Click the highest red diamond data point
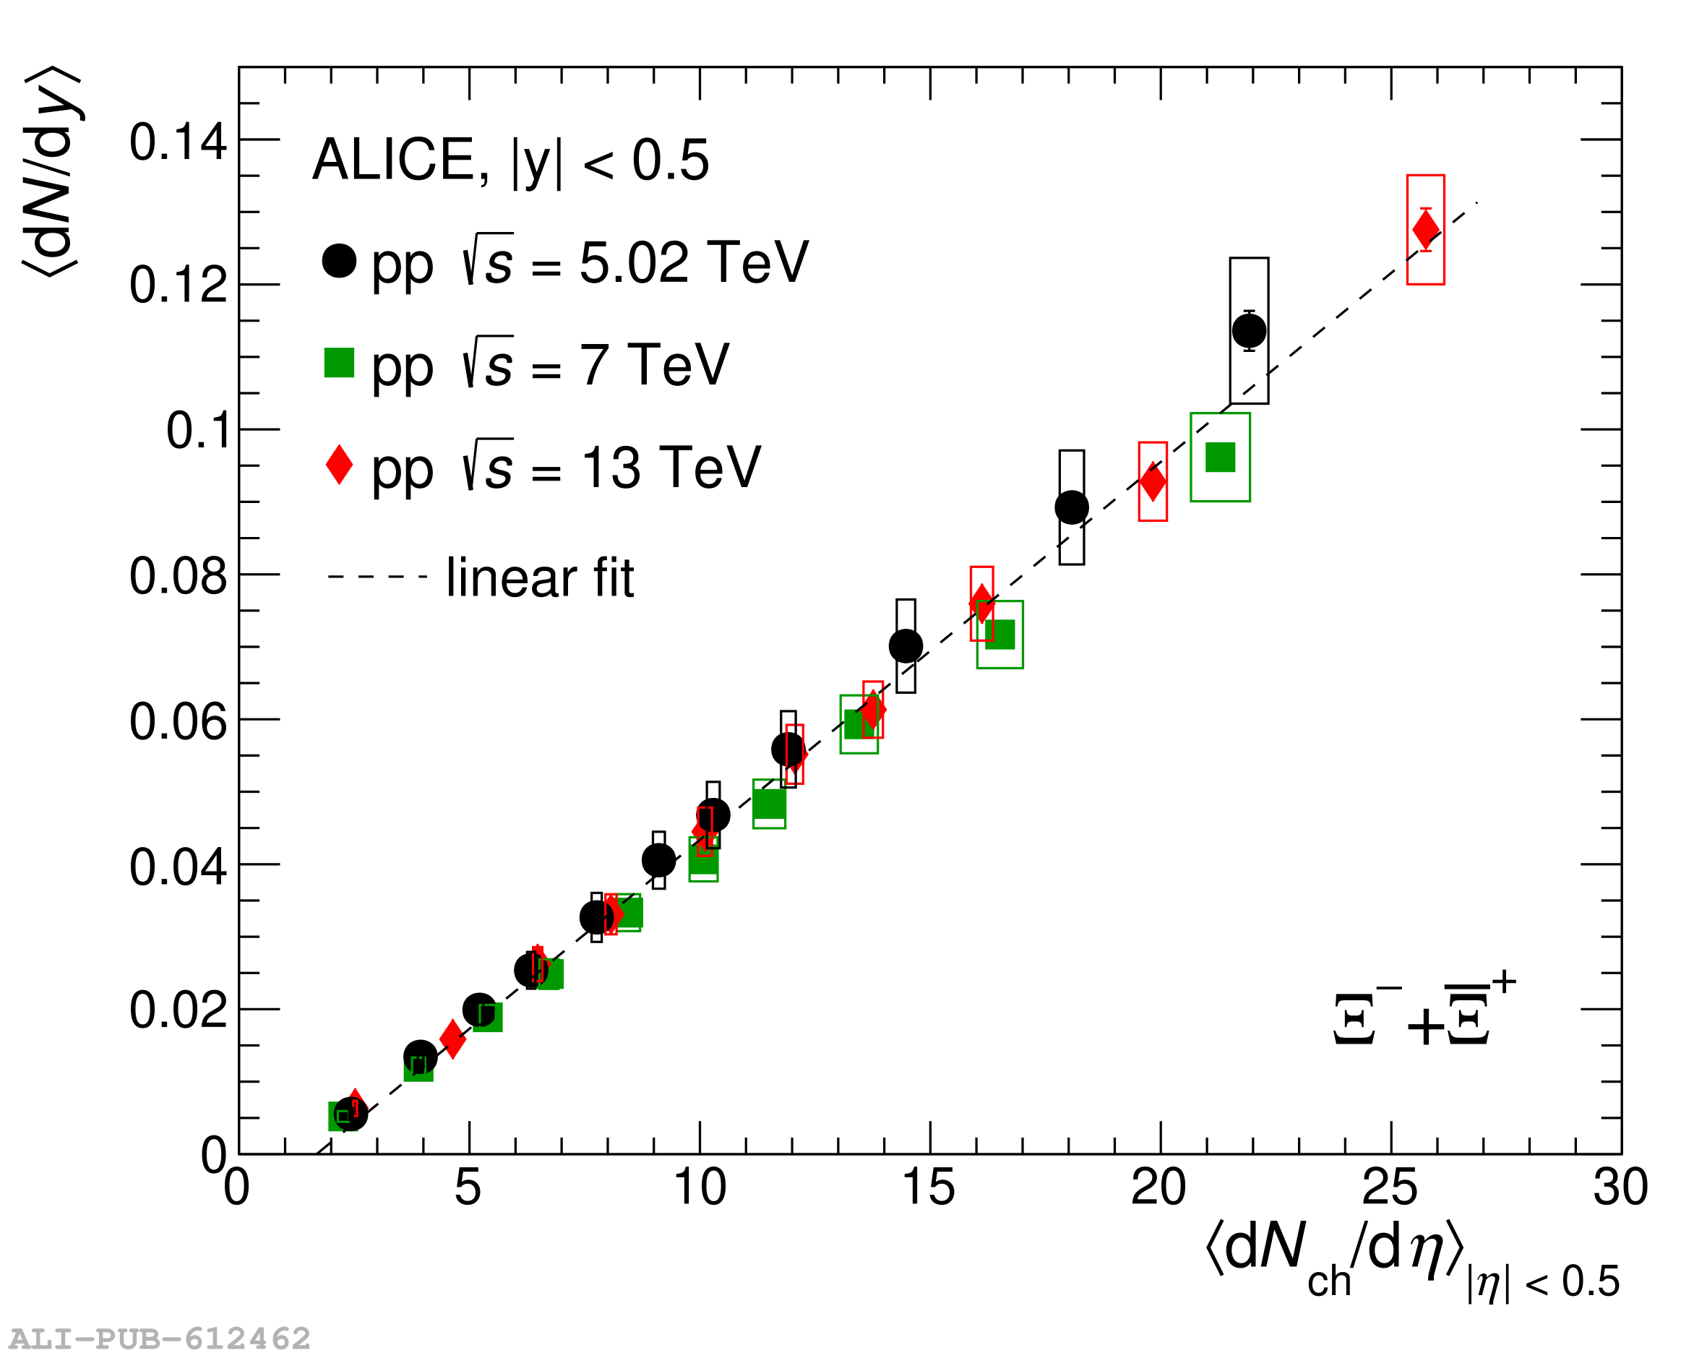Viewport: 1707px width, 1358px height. pyautogui.click(x=1425, y=230)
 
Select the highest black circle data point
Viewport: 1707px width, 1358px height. pyautogui.click(x=1249, y=330)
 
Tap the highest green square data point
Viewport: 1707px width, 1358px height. pyautogui.click(x=1219, y=457)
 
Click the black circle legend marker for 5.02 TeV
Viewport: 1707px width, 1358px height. pyautogui.click(x=339, y=260)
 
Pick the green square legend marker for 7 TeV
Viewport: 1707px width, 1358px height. pyautogui.click(x=339, y=363)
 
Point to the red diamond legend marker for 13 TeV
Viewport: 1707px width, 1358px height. pyautogui.click(x=339, y=465)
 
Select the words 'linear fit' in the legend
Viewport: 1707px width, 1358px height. pyautogui.click(x=540, y=578)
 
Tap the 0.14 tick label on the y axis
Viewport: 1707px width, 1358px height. pyautogui.click(x=178, y=142)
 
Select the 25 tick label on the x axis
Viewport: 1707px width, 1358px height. pyautogui.click(x=1390, y=1187)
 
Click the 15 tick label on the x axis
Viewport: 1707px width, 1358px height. pyautogui.click(x=928, y=1187)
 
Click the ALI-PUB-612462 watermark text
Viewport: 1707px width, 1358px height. pyautogui.click(x=159, y=1339)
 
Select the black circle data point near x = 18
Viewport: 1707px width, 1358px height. pyautogui.click(x=1071, y=507)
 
